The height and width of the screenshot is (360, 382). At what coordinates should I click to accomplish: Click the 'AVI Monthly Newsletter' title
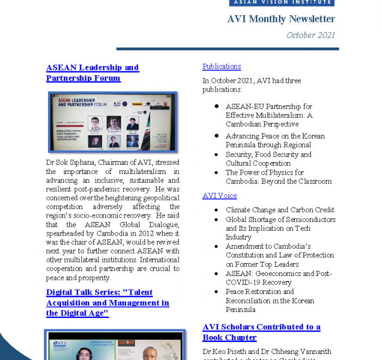pos(281,19)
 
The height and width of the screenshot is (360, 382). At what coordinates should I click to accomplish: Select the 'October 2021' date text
pos(311,35)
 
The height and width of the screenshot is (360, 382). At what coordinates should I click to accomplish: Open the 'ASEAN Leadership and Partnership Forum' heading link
pos(92,73)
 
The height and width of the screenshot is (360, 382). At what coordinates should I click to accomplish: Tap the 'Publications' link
pos(222,67)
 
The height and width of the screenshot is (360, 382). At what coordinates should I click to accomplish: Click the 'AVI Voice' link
pos(219,195)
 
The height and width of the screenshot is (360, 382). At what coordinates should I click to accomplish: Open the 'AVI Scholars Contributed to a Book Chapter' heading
pos(261,332)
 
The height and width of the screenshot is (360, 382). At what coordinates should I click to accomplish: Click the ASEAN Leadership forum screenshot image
pos(114,122)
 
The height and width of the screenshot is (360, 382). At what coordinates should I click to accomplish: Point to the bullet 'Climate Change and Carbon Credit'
pos(280,210)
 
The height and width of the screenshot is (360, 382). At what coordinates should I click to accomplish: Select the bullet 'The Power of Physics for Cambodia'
pos(278,177)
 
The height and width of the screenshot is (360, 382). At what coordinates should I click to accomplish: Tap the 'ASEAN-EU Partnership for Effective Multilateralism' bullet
pos(269,115)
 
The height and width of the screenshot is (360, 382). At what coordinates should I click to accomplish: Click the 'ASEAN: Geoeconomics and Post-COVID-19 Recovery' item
pos(278,278)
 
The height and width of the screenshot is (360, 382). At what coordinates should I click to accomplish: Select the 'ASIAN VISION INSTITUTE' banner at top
pos(281,2)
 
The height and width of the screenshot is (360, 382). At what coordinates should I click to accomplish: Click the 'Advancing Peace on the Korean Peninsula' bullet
pos(275,140)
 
